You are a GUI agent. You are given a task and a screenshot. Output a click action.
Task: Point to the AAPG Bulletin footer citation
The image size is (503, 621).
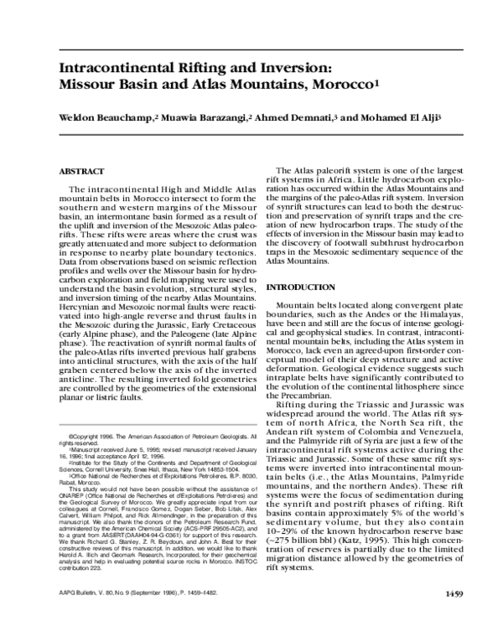pyautogui.click(x=131, y=595)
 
